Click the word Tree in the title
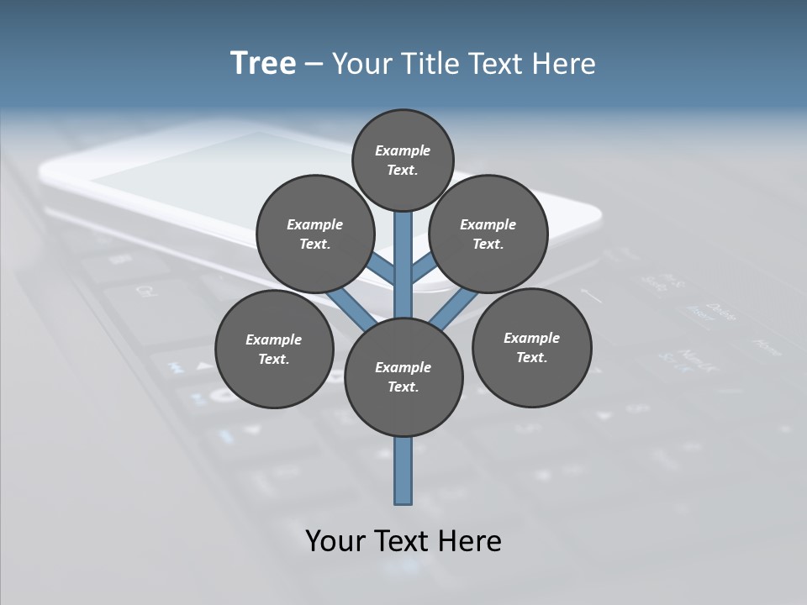263,63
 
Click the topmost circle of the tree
403,160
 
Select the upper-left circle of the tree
315,234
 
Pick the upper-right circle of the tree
488,234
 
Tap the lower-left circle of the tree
274,349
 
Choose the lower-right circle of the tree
531,347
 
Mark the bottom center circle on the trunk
403,376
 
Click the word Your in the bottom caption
334,540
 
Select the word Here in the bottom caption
471,540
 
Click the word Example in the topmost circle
403,150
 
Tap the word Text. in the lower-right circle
531,357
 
